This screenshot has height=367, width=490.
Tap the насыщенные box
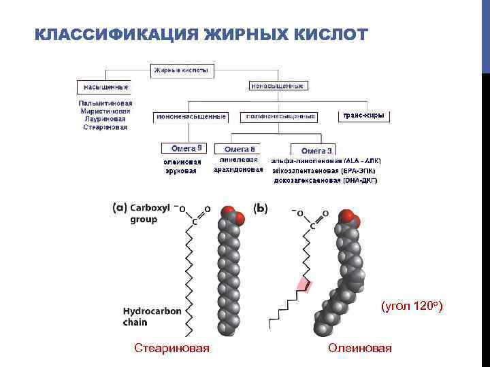click(x=104, y=87)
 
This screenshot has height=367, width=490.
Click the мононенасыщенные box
click(x=191, y=116)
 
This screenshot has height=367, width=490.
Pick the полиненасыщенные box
click(x=280, y=116)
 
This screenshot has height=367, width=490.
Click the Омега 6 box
click(x=238, y=148)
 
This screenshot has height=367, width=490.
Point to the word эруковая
click(x=181, y=171)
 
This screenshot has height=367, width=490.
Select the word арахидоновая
click(x=238, y=170)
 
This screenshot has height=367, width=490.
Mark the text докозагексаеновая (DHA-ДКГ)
click(x=325, y=181)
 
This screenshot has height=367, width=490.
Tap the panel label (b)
click(x=260, y=209)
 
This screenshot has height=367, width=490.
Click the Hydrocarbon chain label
click(x=152, y=316)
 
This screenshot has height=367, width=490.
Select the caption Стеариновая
click(x=171, y=349)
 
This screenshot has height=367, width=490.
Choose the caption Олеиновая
click(x=360, y=349)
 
